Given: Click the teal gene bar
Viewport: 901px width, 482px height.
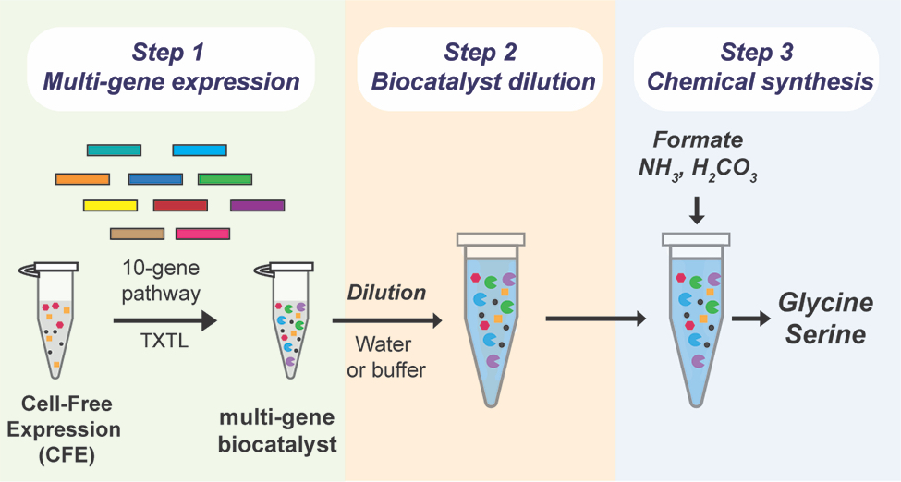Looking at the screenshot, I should [x=114, y=150].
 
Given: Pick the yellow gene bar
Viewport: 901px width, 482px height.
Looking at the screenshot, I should [x=110, y=205].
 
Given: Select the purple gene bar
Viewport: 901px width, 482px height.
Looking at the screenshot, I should [x=257, y=205].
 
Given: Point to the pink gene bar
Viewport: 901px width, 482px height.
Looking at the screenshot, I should [x=202, y=234].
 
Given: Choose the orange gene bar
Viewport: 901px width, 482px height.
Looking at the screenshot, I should [x=82, y=178].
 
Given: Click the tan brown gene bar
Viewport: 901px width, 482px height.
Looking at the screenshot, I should [x=137, y=234].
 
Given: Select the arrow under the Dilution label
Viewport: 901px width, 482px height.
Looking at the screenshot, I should [x=386, y=320].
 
